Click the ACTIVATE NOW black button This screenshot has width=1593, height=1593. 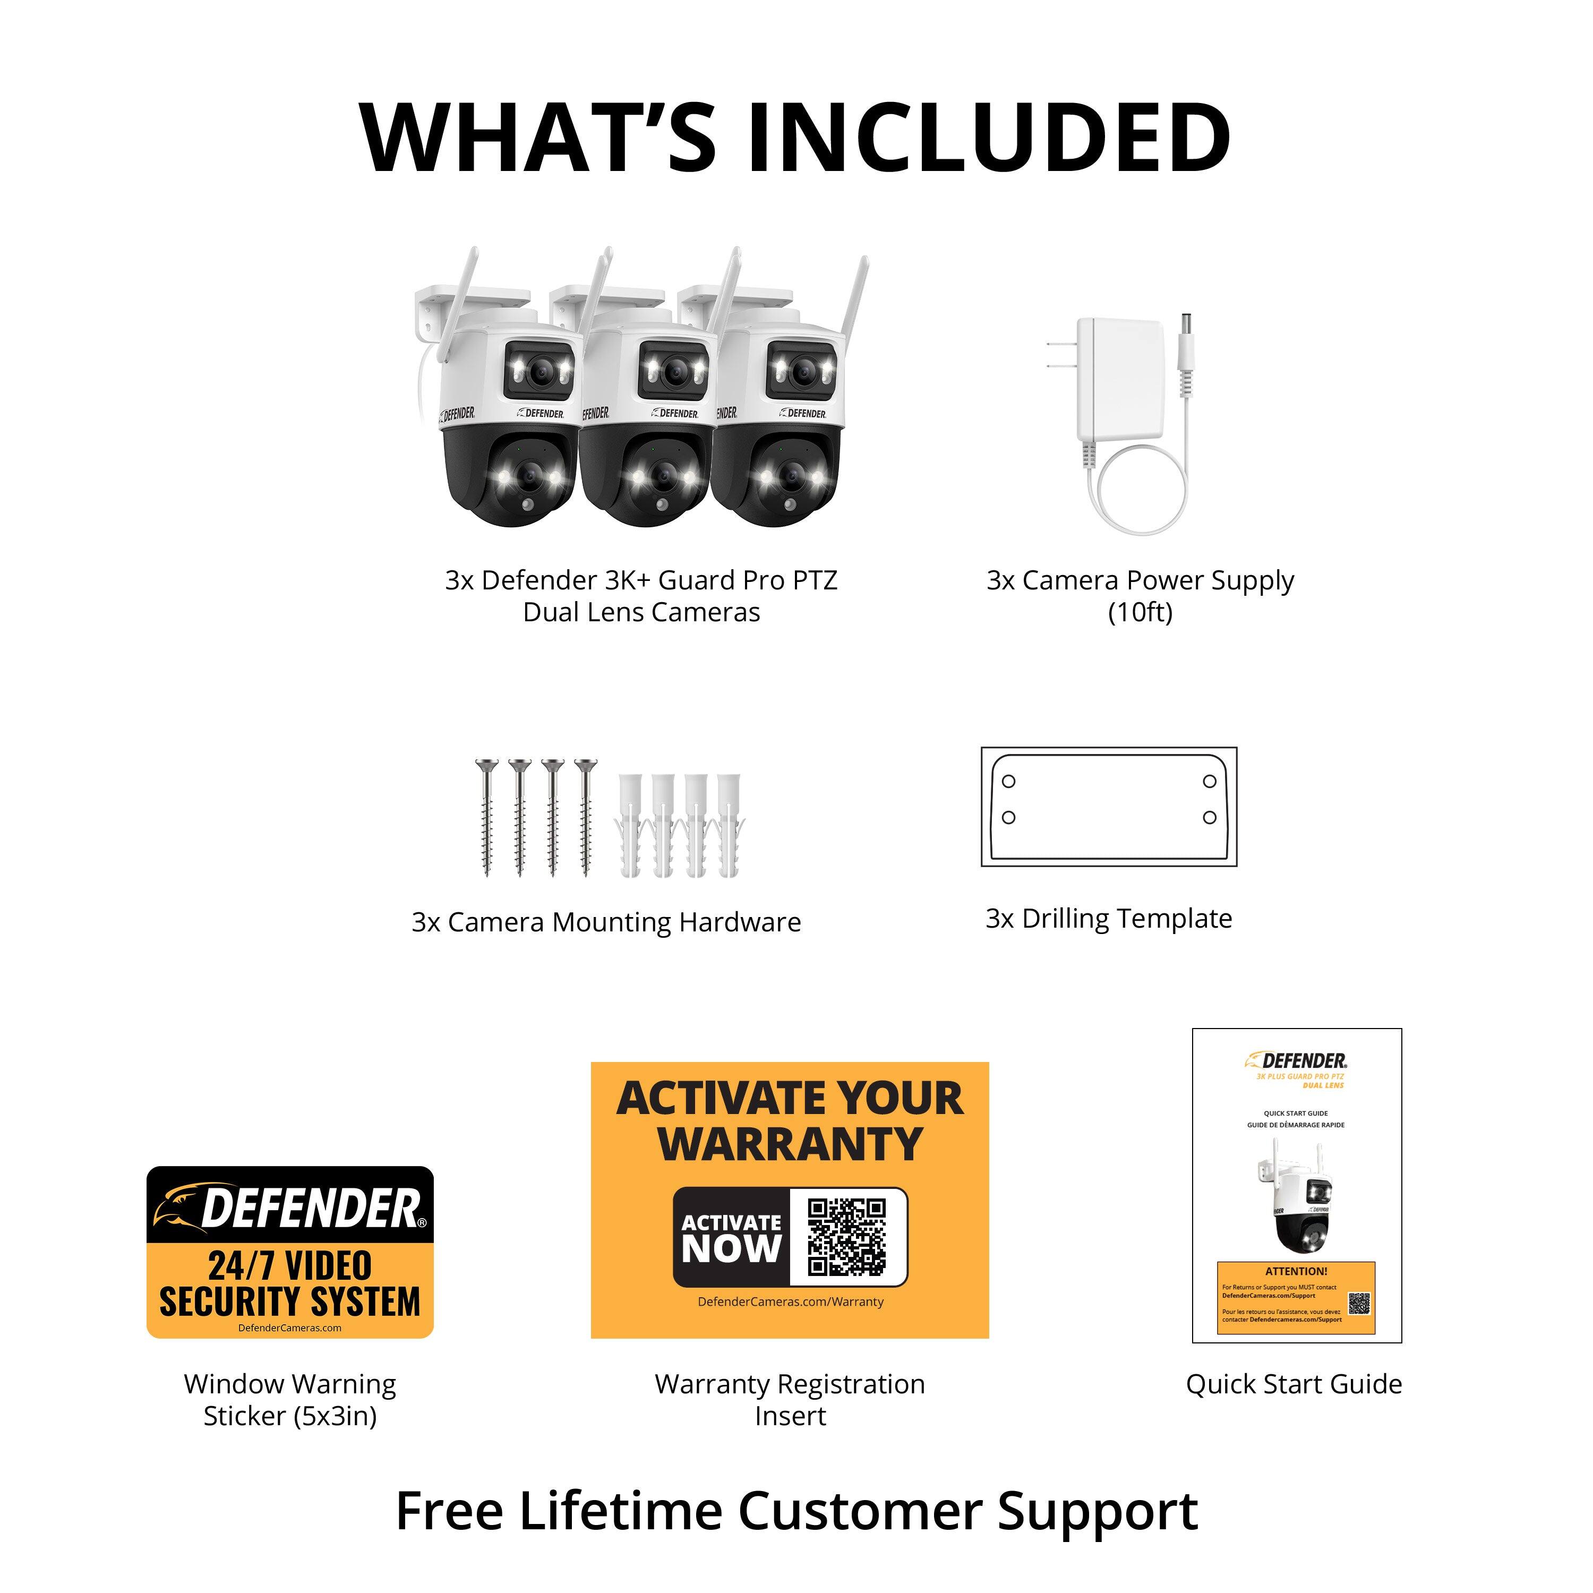(x=731, y=1237)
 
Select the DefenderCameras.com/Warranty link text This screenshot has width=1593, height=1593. (x=790, y=1302)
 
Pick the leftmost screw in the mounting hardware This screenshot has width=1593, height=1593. (x=486, y=816)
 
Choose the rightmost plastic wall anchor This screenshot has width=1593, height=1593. (x=728, y=825)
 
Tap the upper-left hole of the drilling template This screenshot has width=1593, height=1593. (x=1008, y=781)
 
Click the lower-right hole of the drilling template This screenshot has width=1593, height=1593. (x=1210, y=817)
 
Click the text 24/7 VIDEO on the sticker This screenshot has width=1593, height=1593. (x=290, y=1266)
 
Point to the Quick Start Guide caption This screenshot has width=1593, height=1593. (x=1293, y=1384)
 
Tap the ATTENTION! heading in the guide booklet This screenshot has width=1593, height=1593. (x=1296, y=1271)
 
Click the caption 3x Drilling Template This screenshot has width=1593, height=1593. (x=1108, y=919)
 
